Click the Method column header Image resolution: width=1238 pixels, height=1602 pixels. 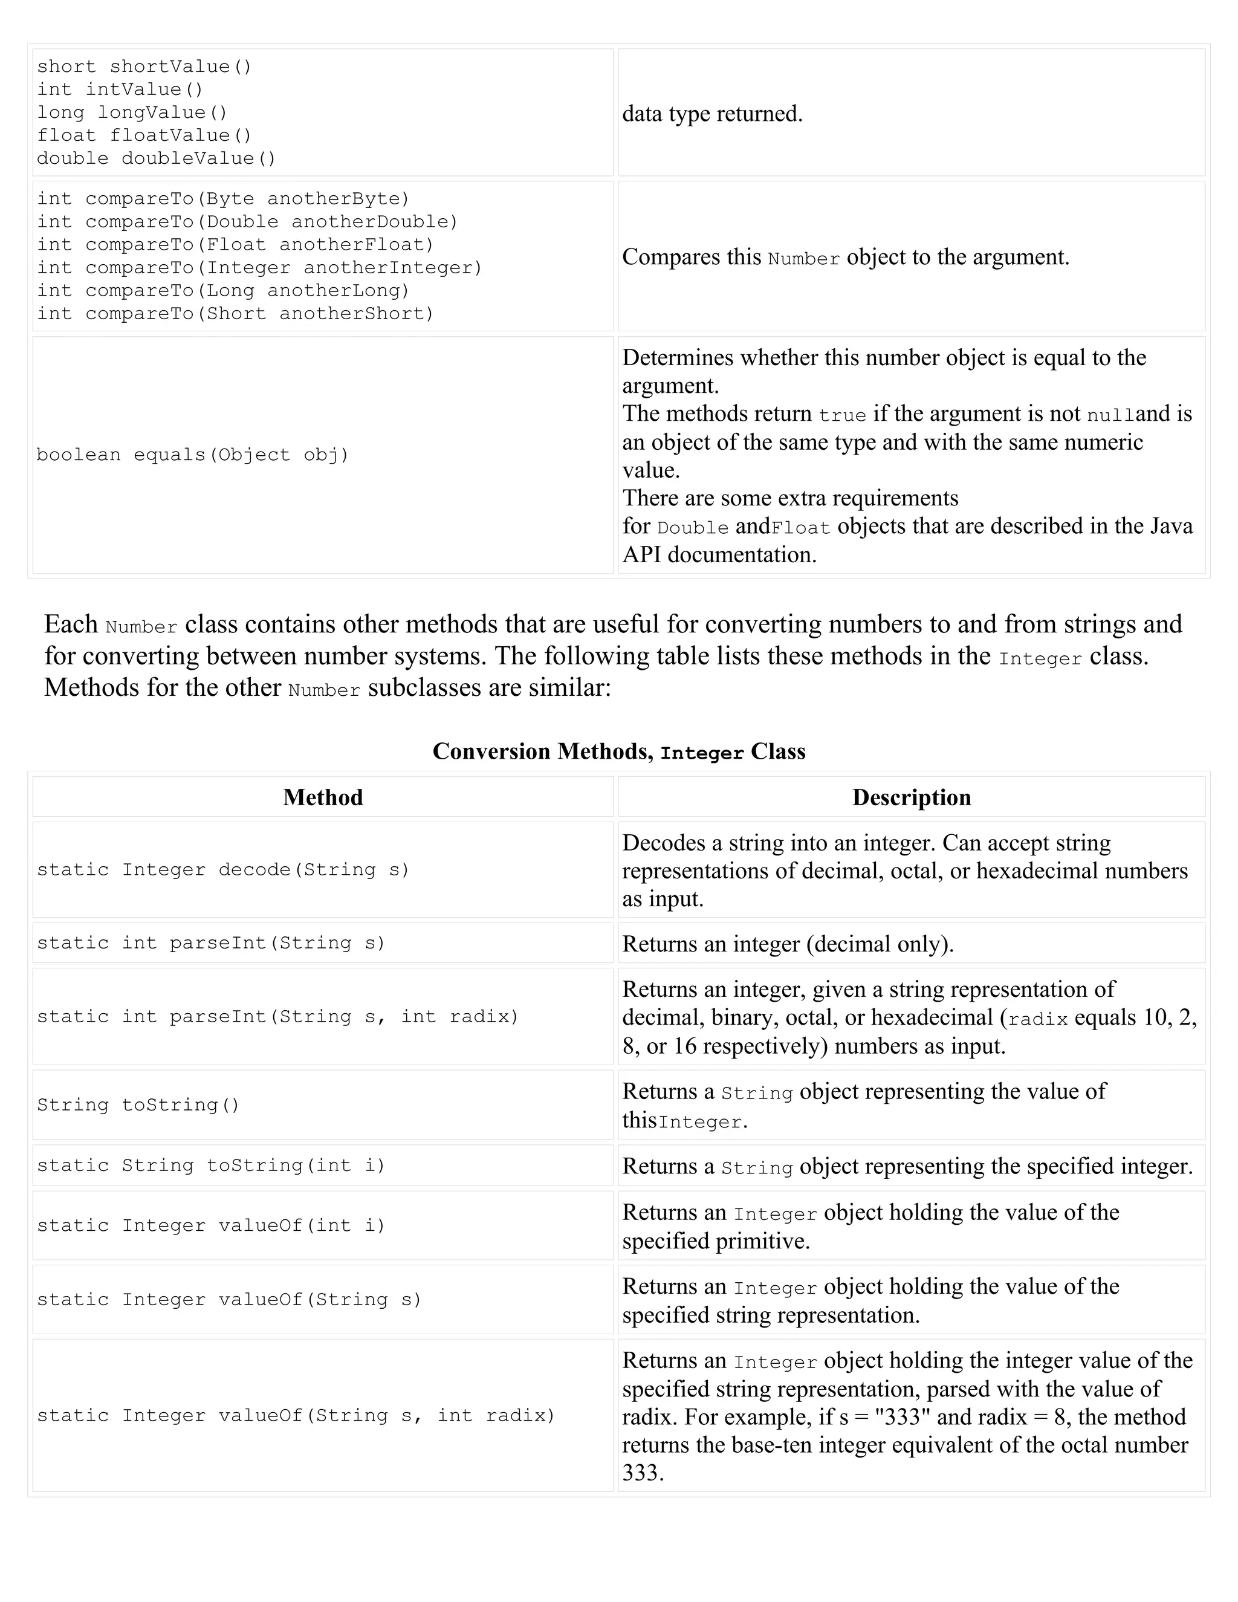click(323, 797)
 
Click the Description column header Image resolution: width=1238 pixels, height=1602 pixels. click(911, 797)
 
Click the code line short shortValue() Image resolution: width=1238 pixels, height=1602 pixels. click(144, 66)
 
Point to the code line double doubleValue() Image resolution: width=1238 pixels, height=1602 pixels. click(156, 158)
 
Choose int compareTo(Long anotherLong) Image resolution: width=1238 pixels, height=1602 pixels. click(223, 290)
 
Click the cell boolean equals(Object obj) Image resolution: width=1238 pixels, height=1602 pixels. click(193, 455)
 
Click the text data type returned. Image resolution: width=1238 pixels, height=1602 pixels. click(712, 114)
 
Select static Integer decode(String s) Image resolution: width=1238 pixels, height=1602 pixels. click(223, 870)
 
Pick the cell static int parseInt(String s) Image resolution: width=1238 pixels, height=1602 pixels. click(211, 943)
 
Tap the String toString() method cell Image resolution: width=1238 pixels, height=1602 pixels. click(138, 1104)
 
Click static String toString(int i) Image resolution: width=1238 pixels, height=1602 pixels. click(211, 1166)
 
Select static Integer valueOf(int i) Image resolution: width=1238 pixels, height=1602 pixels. click(211, 1226)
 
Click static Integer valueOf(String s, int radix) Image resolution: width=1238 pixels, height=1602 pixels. click(296, 1416)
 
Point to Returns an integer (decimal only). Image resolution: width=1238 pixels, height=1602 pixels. click(788, 944)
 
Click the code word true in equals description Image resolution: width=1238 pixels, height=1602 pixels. click(843, 416)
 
